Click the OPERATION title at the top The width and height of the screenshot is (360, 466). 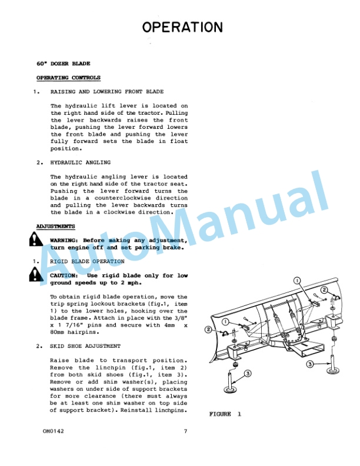coord(182,27)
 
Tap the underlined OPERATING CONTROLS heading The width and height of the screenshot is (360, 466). coord(68,78)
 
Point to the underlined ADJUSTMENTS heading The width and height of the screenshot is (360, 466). coord(55,226)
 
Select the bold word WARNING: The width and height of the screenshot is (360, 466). coord(65,240)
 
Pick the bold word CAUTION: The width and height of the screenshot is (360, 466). coord(64,275)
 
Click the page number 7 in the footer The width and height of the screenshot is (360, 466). coord(185,432)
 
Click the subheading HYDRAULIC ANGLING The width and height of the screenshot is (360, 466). coord(81,162)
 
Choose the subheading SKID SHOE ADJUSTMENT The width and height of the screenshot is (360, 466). coord(86,347)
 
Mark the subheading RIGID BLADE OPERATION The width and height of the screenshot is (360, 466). coord(87,261)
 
